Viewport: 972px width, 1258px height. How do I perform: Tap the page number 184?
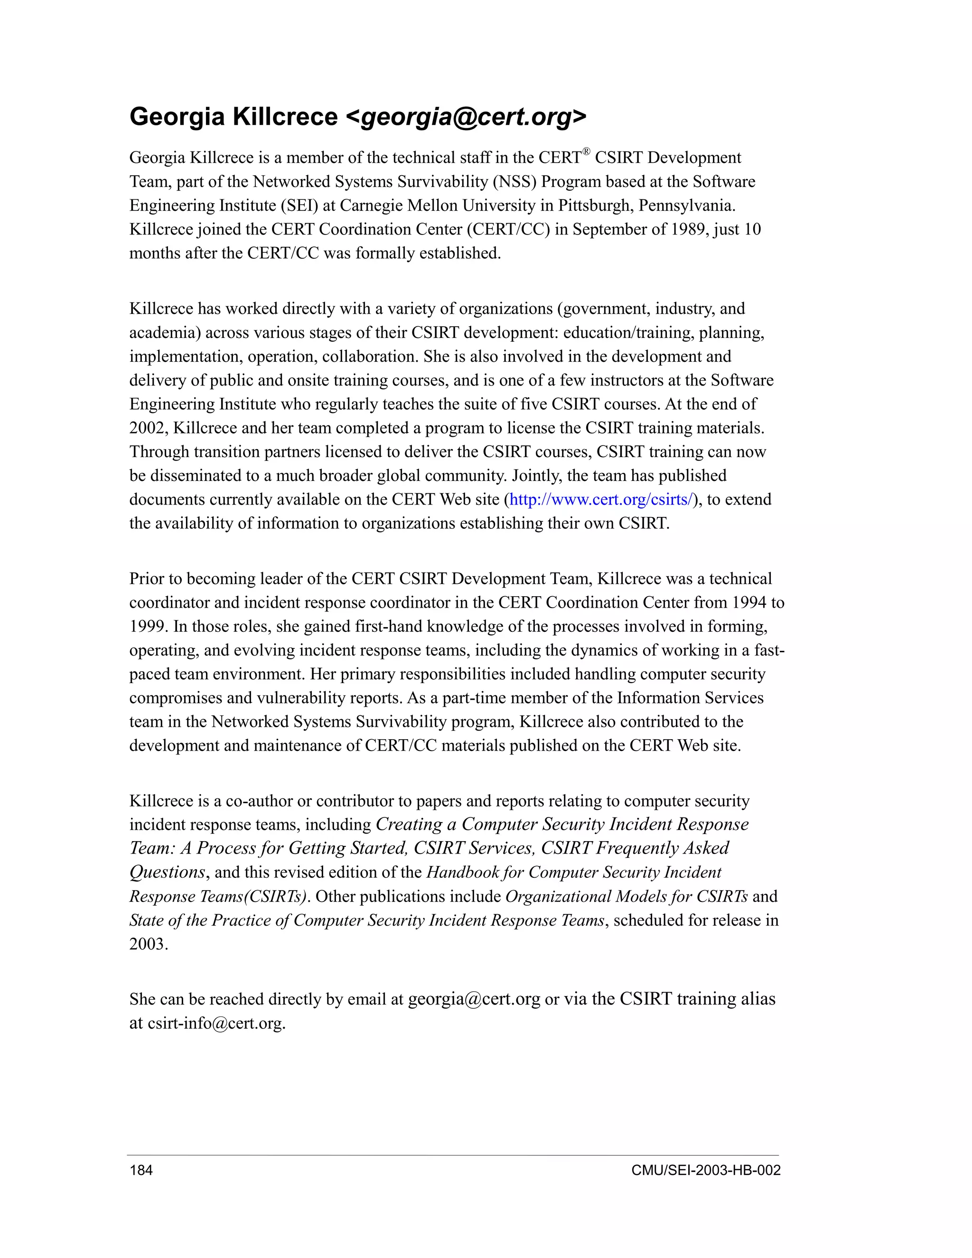[141, 1170]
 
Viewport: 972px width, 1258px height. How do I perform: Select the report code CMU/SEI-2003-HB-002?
[706, 1170]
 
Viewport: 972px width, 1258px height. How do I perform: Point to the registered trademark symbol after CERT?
[586, 152]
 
